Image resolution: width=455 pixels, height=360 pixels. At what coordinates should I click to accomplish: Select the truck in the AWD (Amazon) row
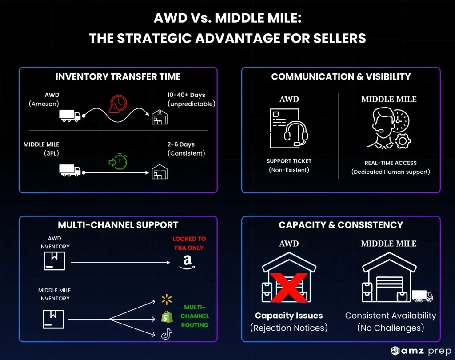click(70, 116)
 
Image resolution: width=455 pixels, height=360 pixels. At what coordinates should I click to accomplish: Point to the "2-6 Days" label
click(181, 144)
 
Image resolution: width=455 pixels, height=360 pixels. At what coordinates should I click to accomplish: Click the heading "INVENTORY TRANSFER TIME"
click(118, 77)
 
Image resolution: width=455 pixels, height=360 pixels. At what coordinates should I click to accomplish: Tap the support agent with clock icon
click(389, 128)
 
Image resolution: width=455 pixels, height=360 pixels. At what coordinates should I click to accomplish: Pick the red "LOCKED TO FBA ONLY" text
click(189, 243)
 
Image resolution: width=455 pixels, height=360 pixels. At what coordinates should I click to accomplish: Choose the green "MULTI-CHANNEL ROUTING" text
click(195, 316)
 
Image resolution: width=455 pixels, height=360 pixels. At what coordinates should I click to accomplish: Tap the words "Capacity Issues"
click(289, 316)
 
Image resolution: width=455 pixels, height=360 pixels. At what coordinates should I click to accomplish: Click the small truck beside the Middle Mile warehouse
click(422, 296)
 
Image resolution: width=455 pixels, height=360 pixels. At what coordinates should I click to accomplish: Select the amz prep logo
click(420, 351)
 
